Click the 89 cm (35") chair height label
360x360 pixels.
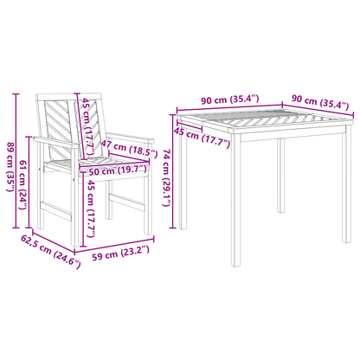[10, 167]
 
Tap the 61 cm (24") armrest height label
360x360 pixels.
[23, 184]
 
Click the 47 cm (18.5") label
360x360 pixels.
[129, 150]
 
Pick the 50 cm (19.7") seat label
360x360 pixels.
[118, 170]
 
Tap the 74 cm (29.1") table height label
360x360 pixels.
[167, 177]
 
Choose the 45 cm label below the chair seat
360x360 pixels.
[91, 209]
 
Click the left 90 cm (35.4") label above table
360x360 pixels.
[230, 100]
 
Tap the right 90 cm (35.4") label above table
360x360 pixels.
[320, 102]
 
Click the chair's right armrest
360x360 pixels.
[131, 138]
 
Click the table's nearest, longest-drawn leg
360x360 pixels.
[235, 200]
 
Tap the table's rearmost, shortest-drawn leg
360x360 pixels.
[281, 176]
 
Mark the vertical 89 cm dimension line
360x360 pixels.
[16, 161]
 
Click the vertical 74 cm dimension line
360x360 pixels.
[173, 171]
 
